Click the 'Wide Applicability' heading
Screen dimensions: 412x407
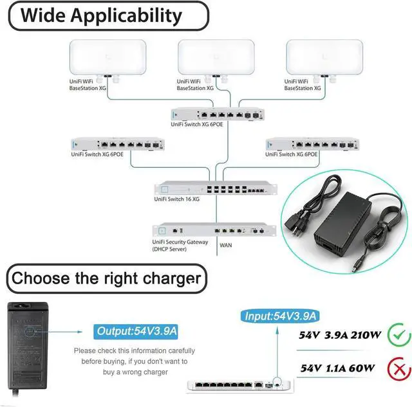tap(101, 15)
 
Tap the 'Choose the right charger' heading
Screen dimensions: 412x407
tap(106, 278)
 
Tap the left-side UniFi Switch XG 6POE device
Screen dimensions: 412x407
tap(116, 145)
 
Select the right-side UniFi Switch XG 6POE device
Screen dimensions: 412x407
tap(311, 145)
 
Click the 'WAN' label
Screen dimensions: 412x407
tap(225, 245)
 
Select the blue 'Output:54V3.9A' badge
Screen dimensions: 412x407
tap(136, 331)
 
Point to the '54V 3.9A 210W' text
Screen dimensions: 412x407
tap(341, 335)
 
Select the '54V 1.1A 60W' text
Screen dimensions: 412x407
tap(337, 368)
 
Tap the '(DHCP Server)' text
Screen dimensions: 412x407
tap(169, 249)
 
